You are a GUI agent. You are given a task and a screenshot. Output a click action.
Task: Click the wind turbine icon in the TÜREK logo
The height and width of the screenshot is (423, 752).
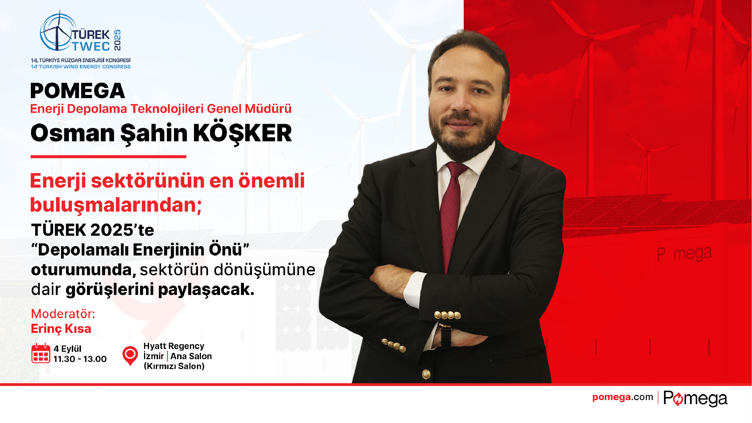tap(58, 31)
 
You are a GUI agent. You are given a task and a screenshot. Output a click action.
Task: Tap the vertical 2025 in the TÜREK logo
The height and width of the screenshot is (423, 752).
tap(117, 40)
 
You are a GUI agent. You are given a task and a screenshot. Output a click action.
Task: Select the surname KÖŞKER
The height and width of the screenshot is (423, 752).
tap(242, 133)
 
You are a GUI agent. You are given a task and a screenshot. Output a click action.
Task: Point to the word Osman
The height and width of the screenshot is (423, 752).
tap(73, 133)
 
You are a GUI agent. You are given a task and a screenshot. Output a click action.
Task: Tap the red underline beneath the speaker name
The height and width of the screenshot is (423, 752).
tap(108, 157)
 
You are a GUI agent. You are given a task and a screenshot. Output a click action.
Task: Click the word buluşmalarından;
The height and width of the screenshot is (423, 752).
tap(116, 205)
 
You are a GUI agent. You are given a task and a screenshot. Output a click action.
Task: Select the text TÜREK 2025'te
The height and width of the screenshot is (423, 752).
tap(93, 230)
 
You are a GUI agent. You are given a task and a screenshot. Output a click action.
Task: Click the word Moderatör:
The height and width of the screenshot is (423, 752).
tap(63, 314)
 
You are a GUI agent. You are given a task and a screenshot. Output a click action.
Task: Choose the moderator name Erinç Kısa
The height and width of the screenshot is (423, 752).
tap(61, 329)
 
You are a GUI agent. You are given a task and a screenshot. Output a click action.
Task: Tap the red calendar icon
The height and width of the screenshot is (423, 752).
tap(41, 353)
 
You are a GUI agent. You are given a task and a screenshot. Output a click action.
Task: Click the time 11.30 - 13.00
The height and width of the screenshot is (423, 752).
tap(80, 359)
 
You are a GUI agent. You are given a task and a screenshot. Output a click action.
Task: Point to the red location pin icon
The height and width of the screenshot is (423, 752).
tap(130, 355)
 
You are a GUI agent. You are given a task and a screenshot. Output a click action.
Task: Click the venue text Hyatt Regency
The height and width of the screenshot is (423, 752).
tap(174, 346)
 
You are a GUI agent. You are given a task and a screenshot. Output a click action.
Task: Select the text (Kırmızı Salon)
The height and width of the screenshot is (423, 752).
tap(174, 366)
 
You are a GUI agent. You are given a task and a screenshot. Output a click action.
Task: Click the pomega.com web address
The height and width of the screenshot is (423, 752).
tap(622, 397)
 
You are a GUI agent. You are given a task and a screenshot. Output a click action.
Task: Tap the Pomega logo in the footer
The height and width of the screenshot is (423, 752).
tap(695, 398)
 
